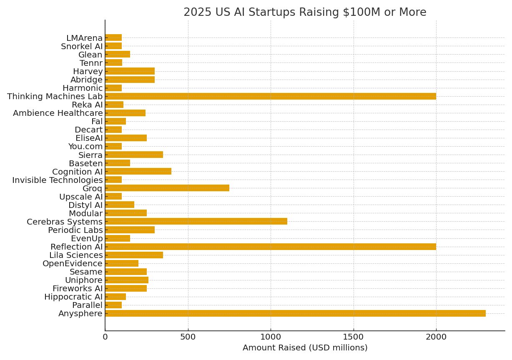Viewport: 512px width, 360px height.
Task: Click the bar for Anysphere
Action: click(x=295, y=313)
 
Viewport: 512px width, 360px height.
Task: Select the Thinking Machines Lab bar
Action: click(x=271, y=96)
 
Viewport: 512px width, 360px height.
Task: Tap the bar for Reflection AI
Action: click(x=271, y=247)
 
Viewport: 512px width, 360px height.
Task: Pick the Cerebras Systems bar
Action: click(x=196, y=222)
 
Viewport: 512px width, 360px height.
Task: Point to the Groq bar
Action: click(x=167, y=188)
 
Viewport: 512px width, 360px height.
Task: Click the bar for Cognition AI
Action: click(x=138, y=172)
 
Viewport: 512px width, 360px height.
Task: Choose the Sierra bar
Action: click(x=134, y=155)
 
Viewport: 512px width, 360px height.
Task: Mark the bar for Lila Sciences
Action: click(x=134, y=255)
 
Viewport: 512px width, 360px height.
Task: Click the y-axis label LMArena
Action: click(x=84, y=38)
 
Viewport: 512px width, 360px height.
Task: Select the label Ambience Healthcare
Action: click(x=58, y=113)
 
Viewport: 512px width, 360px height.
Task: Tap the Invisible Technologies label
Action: click(x=57, y=180)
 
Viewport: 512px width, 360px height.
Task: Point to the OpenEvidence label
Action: click(x=73, y=263)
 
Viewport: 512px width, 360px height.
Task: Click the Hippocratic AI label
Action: click(x=73, y=297)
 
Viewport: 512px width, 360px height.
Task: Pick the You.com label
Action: click(x=85, y=147)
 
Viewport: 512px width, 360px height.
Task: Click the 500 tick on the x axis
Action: click(x=188, y=337)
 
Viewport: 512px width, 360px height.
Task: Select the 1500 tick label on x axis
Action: click(x=354, y=337)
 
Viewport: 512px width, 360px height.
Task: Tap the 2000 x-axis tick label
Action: click(x=436, y=337)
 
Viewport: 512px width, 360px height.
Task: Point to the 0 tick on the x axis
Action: click(x=105, y=337)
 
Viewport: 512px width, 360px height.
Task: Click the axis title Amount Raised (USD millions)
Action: click(x=305, y=348)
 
